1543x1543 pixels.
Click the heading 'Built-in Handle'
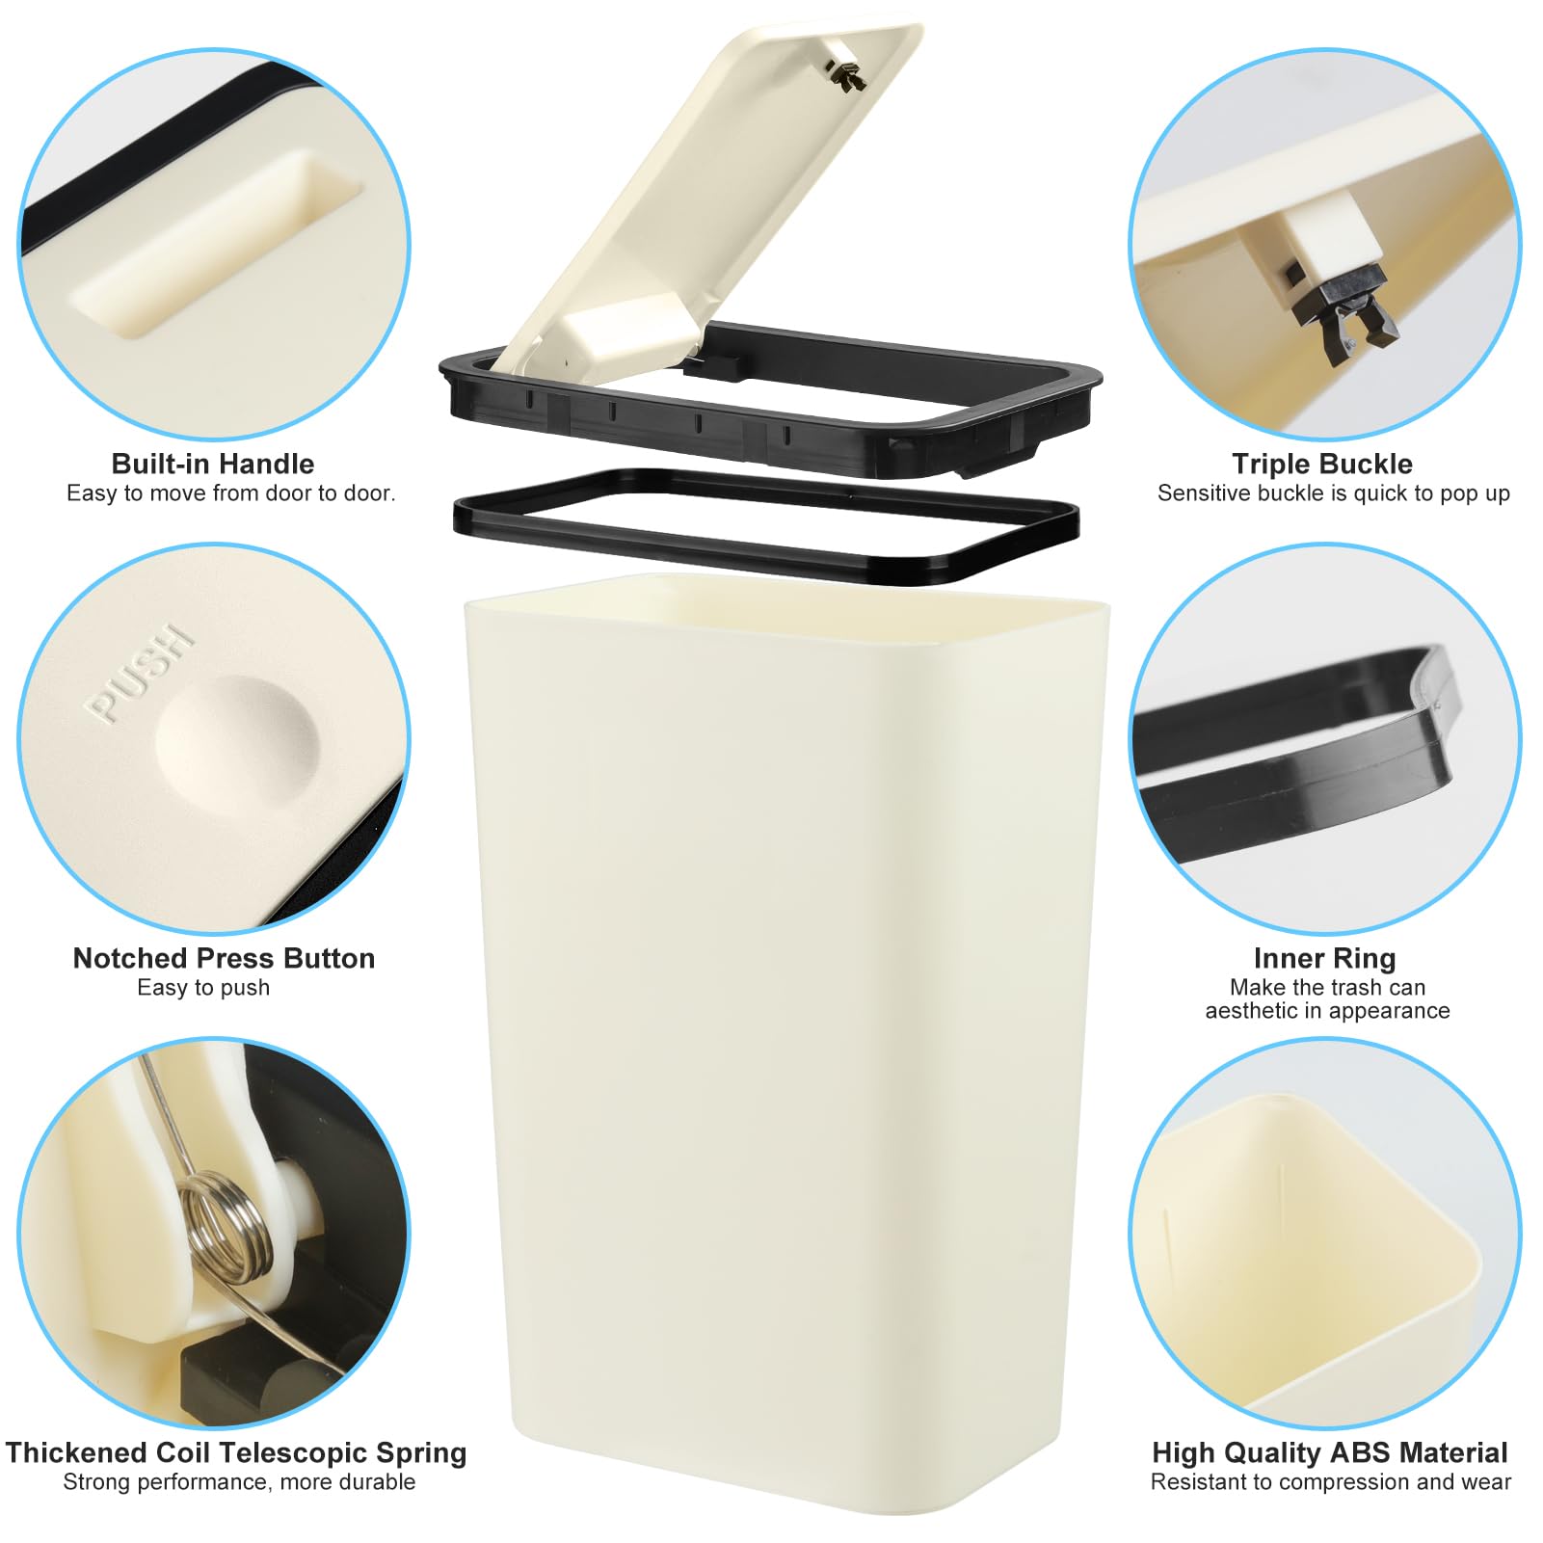(213, 464)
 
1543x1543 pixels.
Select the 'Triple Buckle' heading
(1322, 464)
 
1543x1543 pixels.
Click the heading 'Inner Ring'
(1324, 958)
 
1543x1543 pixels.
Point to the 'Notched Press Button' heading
(224, 958)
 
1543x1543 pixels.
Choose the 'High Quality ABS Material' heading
(1330, 1452)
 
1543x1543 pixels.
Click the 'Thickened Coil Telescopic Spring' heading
(236, 1452)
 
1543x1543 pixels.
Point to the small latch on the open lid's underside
(845, 74)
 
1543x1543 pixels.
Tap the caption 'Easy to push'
(203, 988)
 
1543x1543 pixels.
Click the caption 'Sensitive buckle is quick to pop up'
(1333, 493)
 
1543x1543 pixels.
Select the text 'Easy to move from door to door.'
(231, 493)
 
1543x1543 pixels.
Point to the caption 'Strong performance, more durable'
(239, 1482)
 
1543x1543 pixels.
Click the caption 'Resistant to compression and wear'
(1331, 1482)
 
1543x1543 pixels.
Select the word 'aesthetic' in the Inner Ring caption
(1251, 1011)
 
